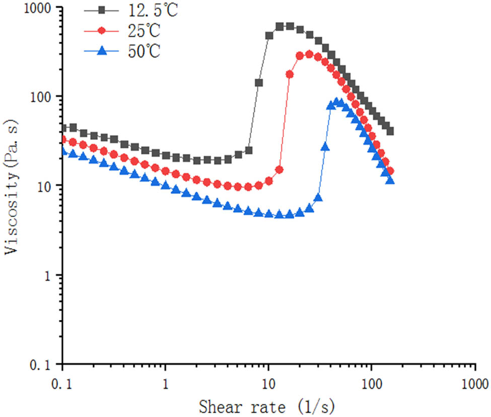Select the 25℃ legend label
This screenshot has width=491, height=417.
click(x=144, y=31)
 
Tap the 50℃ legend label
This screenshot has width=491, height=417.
click(x=144, y=51)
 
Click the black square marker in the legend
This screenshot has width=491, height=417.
click(x=102, y=10)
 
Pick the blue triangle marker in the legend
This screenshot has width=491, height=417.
click(x=102, y=51)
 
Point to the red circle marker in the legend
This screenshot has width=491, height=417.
click(x=102, y=31)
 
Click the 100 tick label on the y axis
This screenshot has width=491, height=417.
click(x=44, y=97)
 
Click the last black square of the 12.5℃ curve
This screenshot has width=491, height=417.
click(x=390, y=131)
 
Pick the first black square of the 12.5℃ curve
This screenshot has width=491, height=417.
click(x=63, y=128)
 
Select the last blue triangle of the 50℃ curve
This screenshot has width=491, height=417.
click(x=390, y=180)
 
